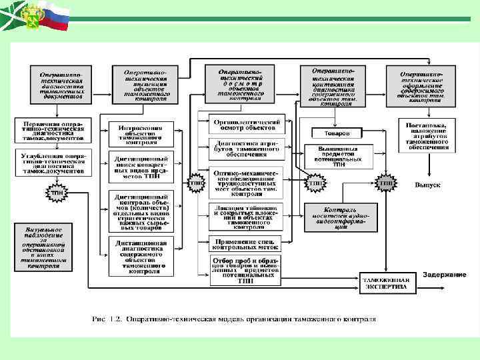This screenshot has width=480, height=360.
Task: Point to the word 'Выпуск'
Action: [x=427, y=185]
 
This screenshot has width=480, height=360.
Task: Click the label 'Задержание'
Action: [x=444, y=274]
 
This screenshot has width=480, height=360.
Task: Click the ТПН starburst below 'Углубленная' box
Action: [x=56, y=195]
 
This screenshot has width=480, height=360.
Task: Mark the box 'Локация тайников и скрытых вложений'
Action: [x=246, y=217]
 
